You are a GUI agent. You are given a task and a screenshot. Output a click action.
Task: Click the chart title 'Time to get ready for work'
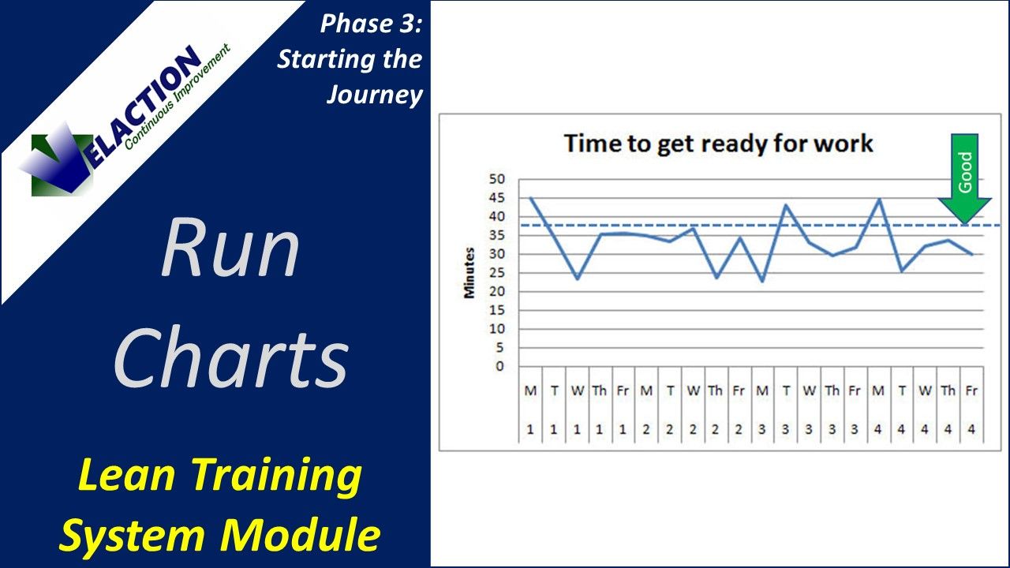pos(718,144)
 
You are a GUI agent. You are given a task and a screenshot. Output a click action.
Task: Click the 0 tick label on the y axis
pos(499,366)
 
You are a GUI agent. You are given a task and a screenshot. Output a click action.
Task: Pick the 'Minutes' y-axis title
pos(469,273)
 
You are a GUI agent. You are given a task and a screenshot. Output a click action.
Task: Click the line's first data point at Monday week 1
pos(530,198)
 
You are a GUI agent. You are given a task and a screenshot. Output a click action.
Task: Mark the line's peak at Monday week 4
pos(879,199)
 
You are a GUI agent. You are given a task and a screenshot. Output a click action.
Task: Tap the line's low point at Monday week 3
pos(762,281)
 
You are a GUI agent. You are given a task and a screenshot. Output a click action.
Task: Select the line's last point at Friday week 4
pos(971,254)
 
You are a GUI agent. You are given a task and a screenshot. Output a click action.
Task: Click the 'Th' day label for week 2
pos(716,390)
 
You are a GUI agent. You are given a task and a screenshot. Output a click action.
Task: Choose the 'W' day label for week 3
pos(809,390)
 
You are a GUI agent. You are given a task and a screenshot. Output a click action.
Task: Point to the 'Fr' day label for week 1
pos(623,390)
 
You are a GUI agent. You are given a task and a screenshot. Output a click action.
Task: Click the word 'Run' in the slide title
pos(230,251)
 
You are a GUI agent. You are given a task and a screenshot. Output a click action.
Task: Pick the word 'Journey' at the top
pos(374,95)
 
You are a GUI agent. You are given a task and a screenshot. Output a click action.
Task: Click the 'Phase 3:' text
pos(371,24)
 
